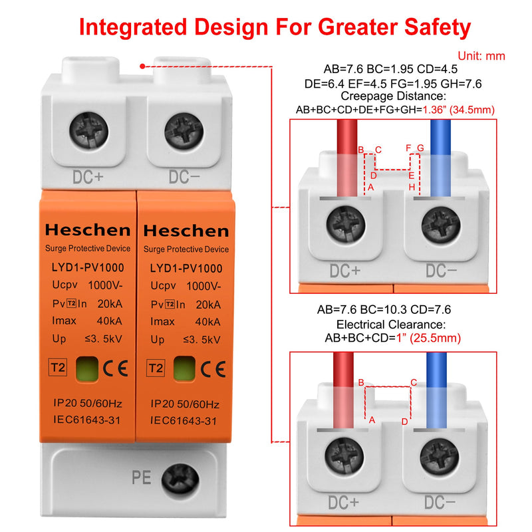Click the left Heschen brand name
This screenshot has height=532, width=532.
point(87,230)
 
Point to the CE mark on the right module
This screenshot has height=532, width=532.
point(213,368)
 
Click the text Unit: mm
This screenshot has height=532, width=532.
point(481,57)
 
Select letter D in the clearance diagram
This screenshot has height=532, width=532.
point(404,422)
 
